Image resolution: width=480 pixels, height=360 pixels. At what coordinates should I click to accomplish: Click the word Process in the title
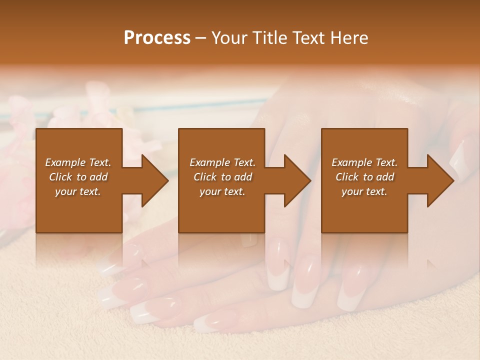[157, 38]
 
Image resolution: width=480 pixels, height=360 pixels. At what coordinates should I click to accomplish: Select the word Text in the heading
[308, 38]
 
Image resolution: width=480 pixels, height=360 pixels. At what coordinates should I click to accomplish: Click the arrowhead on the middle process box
[296, 180]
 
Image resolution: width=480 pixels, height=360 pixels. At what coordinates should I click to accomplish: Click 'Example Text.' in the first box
[78, 162]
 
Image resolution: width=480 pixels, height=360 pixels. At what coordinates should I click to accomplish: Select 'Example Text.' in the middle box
[222, 162]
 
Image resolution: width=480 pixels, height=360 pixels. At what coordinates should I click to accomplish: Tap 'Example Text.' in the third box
[364, 162]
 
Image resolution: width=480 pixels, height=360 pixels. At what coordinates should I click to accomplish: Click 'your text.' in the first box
[78, 191]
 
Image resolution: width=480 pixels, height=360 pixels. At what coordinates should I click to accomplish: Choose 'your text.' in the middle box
[222, 191]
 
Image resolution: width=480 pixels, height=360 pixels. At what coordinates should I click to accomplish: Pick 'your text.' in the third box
[364, 191]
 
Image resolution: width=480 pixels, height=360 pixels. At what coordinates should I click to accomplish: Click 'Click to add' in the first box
[78, 177]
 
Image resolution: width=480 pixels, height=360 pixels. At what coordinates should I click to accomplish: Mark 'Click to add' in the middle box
[222, 177]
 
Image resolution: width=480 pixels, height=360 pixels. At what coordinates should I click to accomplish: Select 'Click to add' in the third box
[364, 177]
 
